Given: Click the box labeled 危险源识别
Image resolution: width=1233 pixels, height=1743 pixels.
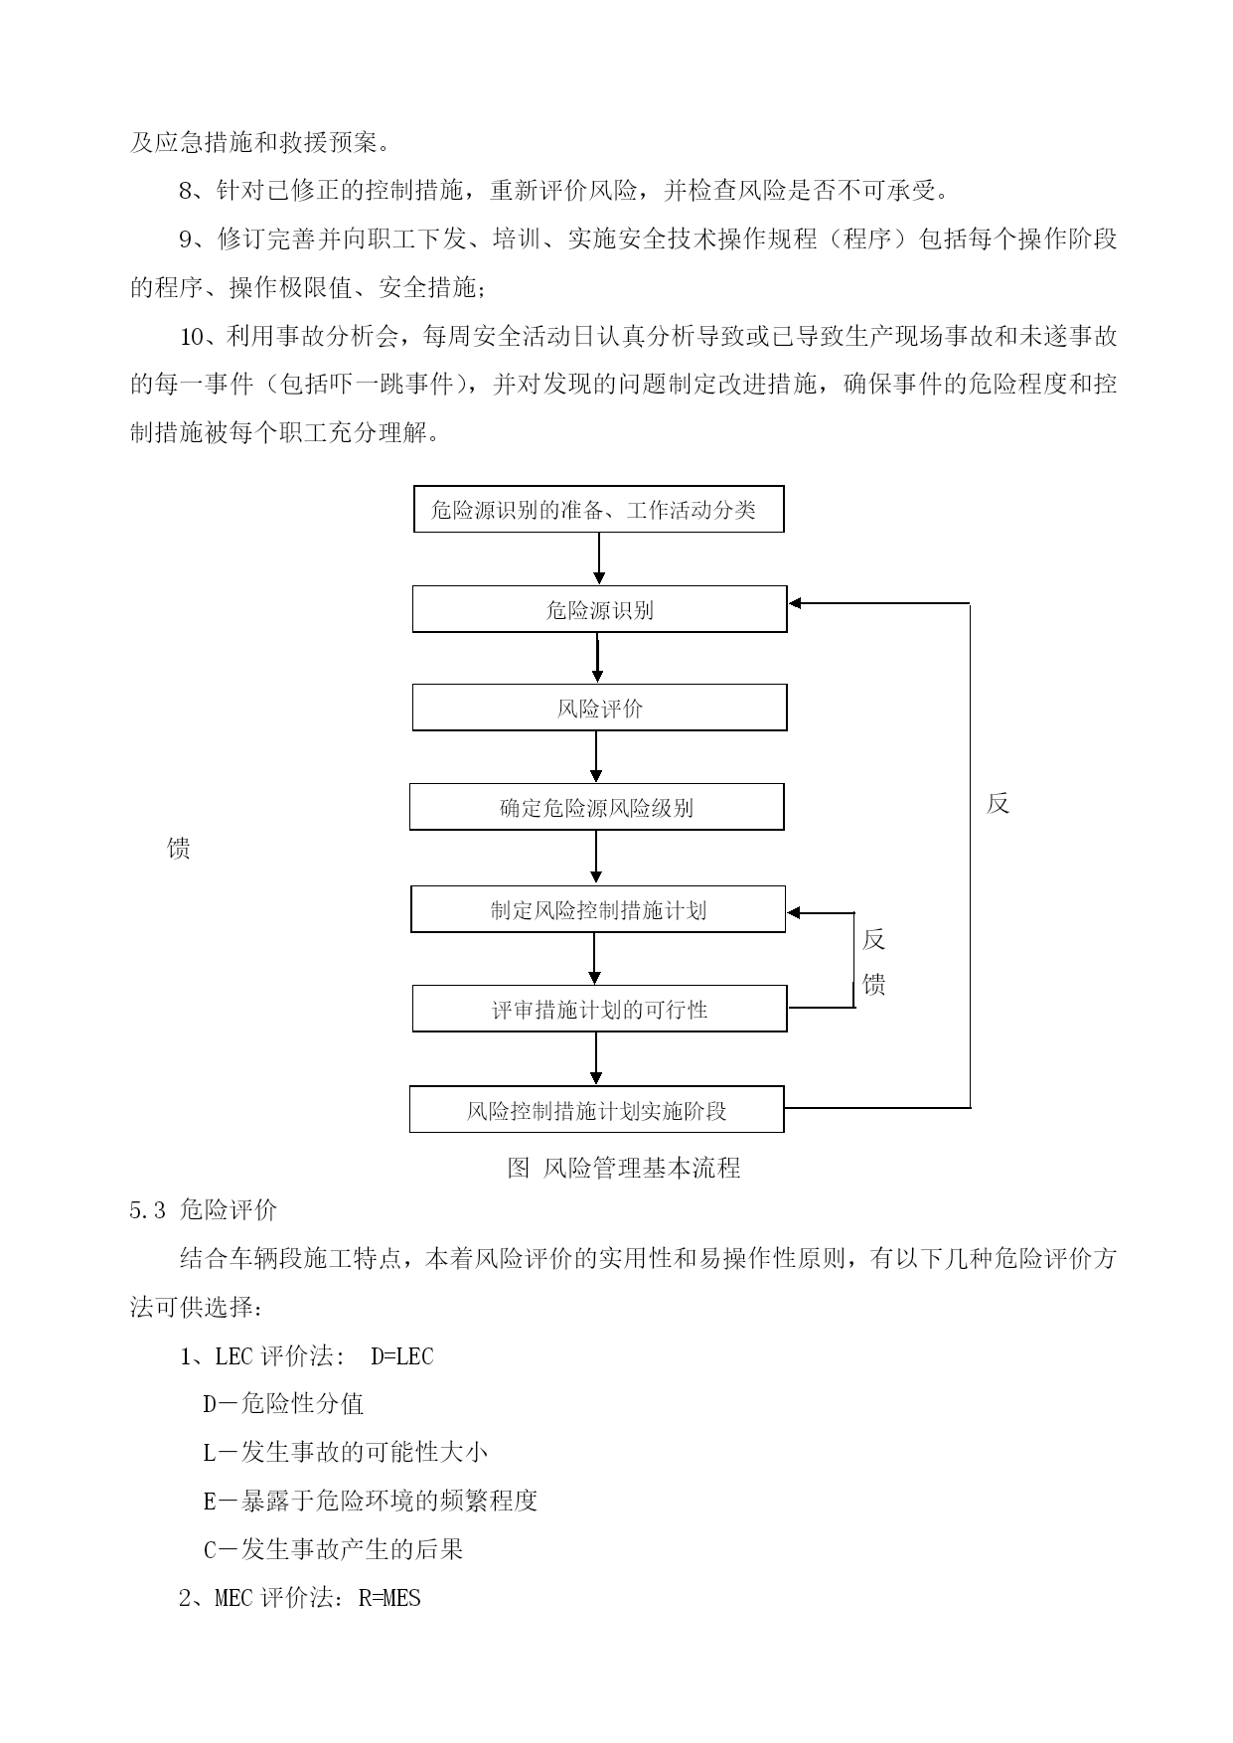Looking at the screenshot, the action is [x=599, y=609].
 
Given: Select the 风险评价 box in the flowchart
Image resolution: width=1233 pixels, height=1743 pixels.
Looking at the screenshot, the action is [x=599, y=708].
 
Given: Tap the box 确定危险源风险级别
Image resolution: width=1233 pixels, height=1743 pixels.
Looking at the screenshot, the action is [x=596, y=807].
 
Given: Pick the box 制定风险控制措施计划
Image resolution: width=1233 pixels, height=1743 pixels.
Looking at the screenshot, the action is [x=598, y=909].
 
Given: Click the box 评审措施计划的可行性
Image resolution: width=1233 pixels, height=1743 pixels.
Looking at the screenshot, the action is [x=599, y=1009].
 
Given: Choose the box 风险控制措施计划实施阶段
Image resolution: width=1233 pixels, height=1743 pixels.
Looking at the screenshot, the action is [x=596, y=1109].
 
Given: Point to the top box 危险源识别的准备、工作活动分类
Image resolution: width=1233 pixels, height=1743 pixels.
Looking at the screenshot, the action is [x=598, y=509].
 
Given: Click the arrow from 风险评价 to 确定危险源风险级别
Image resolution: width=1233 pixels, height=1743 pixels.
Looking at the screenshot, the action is [x=596, y=757].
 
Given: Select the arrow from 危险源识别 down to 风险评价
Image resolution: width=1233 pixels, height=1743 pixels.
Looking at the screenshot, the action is [x=598, y=658].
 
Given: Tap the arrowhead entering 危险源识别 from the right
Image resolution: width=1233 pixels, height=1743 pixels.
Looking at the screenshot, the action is [x=795, y=603].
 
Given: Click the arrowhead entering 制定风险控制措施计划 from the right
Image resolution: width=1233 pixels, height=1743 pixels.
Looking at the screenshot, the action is [x=793, y=912].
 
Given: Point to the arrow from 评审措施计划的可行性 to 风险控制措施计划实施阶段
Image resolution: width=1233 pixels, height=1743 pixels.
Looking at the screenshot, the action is [x=596, y=1058].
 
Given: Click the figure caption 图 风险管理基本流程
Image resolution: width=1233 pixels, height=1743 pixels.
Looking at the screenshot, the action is [x=624, y=1168].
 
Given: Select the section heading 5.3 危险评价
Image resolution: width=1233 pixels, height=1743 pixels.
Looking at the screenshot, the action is [x=204, y=1209].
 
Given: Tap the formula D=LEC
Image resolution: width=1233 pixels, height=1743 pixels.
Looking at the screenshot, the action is [x=402, y=1356].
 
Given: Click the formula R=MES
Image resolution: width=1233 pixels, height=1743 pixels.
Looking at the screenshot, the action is [x=389, y=1598].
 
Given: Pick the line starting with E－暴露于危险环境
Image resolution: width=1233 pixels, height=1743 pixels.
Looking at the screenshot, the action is [x=371, y=1501].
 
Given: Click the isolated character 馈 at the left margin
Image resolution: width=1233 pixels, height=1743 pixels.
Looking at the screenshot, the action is [x=179, y=849].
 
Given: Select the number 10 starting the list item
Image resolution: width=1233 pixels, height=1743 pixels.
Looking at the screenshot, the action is [x=192, y=337].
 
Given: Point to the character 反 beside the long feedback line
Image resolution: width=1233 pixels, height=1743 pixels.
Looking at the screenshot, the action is [x=999, y=804].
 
